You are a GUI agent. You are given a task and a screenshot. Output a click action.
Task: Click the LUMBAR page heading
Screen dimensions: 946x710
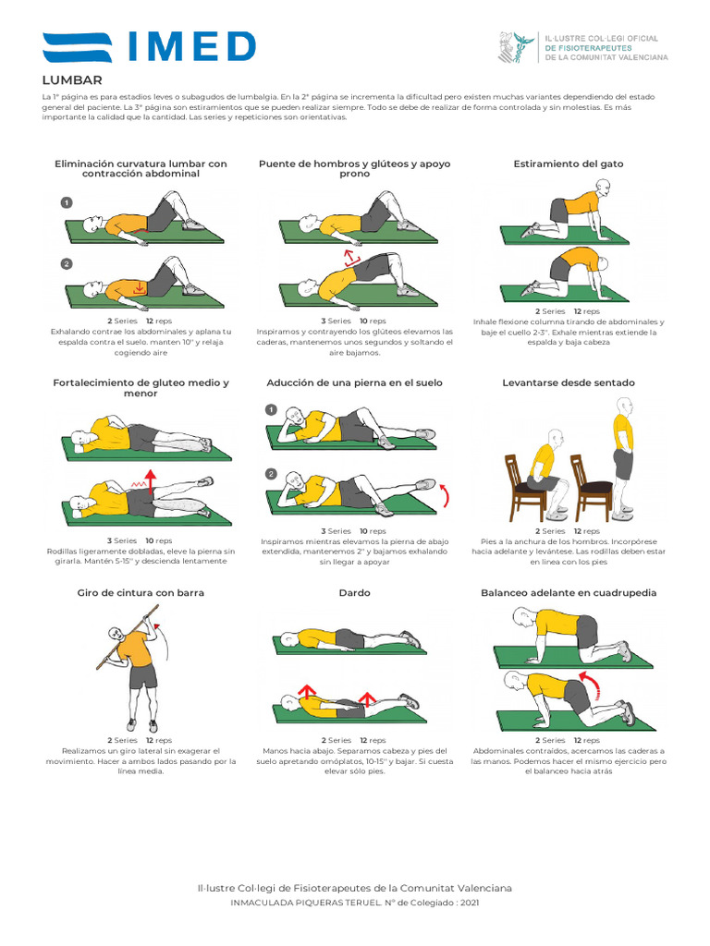pyautogui.click(x=72, y=80)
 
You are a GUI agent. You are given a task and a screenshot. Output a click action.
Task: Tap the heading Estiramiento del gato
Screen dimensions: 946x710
pyautogui.click(x=569, y=164)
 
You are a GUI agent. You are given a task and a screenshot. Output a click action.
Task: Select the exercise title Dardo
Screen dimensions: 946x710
pyautogui.click(x=355, y=592)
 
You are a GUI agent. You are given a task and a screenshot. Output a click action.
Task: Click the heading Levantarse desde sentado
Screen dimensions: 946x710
pyautogui.click(x=569, y=382)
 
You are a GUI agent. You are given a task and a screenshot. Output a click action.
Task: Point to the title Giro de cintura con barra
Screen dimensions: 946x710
pyautogui.click(x=141, y=592)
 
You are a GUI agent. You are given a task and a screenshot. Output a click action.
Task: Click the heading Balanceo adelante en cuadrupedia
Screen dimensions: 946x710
pyautogui.click(x=569, y=592)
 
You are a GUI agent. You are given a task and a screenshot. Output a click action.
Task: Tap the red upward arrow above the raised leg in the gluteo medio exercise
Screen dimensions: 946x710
pyautogui.click(x=151, y=476)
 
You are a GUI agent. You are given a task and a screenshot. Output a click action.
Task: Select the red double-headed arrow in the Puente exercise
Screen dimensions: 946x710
pyautogui.click(x=350, y=257)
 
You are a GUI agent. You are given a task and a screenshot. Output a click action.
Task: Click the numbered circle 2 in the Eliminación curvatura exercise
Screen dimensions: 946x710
pyautogui.click(x=67, y=263)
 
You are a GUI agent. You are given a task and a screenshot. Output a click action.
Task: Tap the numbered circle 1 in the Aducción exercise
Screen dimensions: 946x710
pyautogui.click(x=271, y=409)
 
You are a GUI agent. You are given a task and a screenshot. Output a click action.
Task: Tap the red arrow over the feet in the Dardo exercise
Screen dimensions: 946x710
pyautogui.click(x=367, y=697)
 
